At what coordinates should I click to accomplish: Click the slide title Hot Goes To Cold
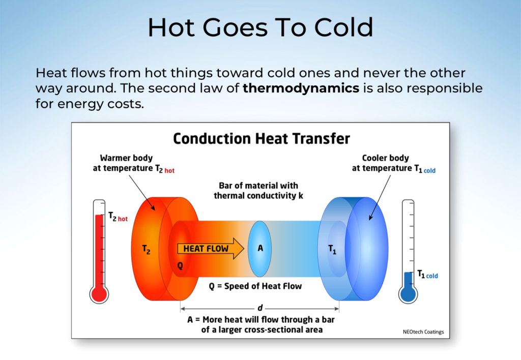[260, 27]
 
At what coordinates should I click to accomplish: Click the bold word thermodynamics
[301, 88]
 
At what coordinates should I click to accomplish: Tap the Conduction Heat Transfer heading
[262, 139]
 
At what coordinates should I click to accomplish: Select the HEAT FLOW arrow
[211, 249]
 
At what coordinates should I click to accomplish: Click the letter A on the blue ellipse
[260, 248]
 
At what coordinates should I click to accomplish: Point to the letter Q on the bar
[180, 266]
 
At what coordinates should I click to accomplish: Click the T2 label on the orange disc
[146, 249]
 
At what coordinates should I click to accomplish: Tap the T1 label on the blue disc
[332, 249]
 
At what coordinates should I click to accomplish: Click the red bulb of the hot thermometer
[99, 294]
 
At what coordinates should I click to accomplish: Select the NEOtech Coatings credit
[423, 332]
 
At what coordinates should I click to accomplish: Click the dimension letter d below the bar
[260, 308]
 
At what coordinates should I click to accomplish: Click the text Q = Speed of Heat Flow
[255, 286]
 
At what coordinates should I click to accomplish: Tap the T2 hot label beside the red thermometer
[118, 217]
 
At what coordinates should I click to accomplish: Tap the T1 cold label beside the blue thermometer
[427, 274]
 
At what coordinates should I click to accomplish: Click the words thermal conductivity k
[258, 196]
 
